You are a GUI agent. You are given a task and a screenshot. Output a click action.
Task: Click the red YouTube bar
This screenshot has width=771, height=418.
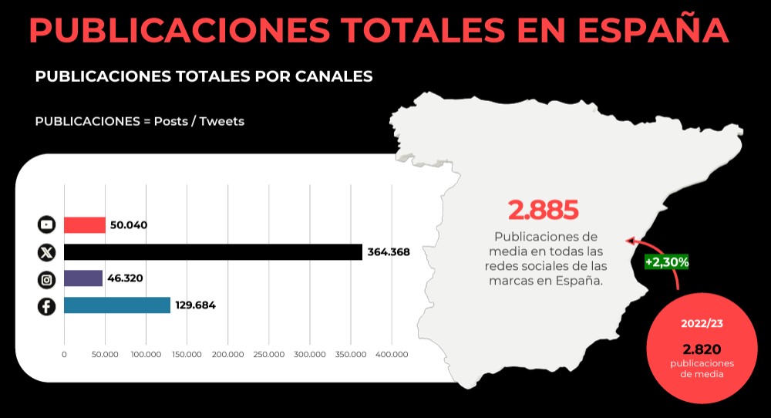(84, 225)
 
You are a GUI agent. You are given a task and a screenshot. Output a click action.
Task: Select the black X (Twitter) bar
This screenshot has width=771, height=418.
(213, 252)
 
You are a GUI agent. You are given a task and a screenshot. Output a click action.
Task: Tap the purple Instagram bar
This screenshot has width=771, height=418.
(82, 278)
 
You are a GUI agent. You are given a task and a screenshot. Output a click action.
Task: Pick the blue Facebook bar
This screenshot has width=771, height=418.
(116, 305)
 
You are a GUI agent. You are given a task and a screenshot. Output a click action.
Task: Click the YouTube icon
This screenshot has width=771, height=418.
(46, 225)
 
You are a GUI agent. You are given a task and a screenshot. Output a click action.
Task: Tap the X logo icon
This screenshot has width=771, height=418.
(46, 252)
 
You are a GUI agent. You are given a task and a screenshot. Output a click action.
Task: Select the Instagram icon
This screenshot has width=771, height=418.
(46, 279)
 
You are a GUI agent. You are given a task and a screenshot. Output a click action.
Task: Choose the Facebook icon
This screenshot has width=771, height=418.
(46, 306)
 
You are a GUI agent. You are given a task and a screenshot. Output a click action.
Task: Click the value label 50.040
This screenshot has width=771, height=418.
(129, 225)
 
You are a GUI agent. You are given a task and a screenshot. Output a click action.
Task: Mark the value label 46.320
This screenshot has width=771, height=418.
(126, 278)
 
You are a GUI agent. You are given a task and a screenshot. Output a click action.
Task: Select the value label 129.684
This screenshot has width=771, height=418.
(195, 305)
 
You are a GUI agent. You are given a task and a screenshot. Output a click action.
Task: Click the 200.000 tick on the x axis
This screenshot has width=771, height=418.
(227, 355)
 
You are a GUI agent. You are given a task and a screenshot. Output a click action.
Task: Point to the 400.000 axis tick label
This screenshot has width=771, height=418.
(391, 355)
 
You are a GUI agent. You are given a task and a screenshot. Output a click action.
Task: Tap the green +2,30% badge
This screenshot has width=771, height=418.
(666, 261)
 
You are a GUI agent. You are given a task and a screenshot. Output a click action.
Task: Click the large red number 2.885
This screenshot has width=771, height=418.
(543, 210)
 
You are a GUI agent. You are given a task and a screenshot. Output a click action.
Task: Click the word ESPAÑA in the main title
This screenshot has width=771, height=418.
(653, 30)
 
